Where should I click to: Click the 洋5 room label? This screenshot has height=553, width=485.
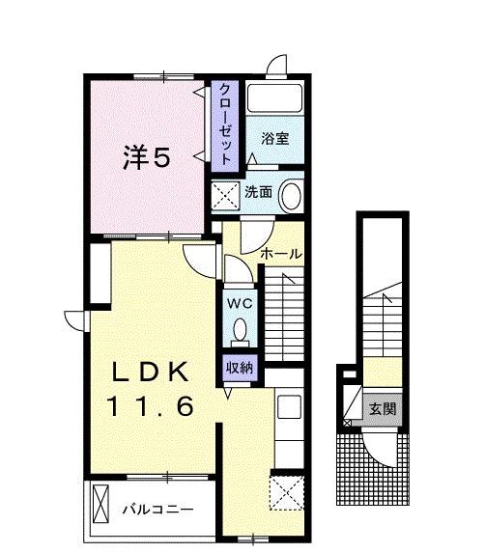tap(147, 156)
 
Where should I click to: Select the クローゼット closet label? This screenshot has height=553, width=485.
tap(224, 125)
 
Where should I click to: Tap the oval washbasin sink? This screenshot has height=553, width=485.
tap(291, 197)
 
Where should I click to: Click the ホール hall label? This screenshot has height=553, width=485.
tap(282, 254)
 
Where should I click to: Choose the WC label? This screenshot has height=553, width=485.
tap(239, 301)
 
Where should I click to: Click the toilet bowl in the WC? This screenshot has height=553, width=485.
tap(239, 331)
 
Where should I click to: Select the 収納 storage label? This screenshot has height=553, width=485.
tap(240, 367)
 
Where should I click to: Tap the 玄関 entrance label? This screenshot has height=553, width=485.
tap(380, 408)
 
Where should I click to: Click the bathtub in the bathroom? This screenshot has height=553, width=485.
tap(273, 99)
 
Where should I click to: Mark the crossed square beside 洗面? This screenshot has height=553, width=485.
tap(226, 196)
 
